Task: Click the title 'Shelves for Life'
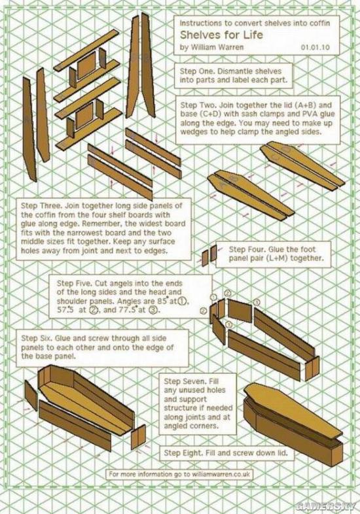(x=221, y=35)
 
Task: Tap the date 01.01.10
(x=315, y=47)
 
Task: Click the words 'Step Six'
(x=36, y=338)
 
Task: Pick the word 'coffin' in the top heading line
(x=320, y=24)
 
